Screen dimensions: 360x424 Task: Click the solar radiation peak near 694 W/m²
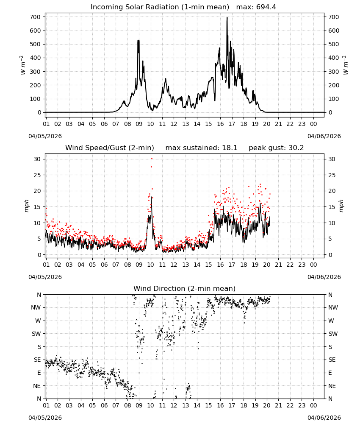227,18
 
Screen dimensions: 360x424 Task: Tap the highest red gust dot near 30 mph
152,158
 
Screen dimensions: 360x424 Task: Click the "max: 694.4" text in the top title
256,7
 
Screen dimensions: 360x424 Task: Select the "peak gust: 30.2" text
276,148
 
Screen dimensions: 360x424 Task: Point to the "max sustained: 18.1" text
201,148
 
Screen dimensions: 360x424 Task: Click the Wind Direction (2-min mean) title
185,288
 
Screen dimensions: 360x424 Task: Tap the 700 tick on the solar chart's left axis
35,17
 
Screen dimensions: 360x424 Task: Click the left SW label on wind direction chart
36,334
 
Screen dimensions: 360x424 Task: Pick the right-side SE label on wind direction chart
332,360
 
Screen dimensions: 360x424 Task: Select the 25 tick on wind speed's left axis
37,175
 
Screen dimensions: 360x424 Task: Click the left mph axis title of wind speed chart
26,206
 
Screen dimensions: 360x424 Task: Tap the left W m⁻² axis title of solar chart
22,65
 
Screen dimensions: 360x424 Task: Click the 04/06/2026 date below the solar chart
324,136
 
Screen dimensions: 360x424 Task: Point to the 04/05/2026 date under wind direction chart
45,418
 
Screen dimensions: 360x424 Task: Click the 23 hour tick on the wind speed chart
302,265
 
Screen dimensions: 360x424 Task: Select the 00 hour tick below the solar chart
313,124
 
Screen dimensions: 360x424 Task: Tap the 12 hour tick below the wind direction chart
174,405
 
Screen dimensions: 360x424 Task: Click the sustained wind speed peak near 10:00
151,197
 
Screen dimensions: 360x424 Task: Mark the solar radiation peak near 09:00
138,40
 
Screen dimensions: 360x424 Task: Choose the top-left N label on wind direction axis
39,295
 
